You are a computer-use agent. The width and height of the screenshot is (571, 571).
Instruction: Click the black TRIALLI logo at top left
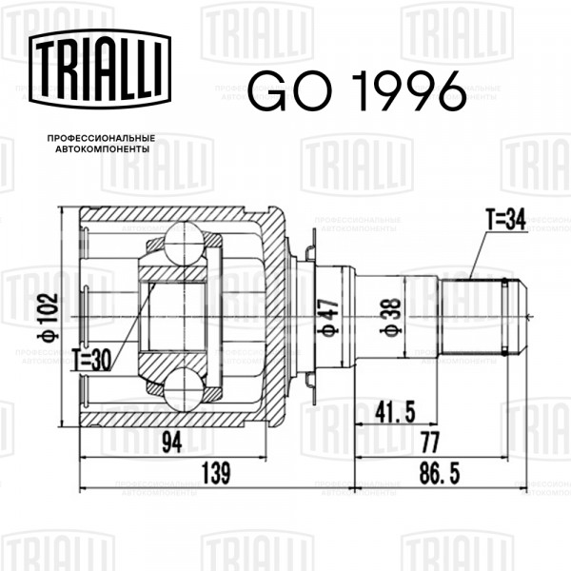click(100, 69)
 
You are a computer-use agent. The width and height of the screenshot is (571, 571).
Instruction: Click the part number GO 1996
click(357, 90)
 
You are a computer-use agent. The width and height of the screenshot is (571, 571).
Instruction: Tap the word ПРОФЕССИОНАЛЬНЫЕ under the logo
click(101, 138)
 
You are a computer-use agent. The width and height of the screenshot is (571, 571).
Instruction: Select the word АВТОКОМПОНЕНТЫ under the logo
click(103, 149)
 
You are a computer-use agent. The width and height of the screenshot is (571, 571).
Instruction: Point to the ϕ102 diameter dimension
click(48, 317)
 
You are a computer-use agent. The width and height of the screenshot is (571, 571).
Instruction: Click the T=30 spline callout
click(91, 361)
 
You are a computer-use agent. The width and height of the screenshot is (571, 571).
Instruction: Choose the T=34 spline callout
click(506, 220)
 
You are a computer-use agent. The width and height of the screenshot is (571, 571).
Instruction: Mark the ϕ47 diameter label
click(328, 317)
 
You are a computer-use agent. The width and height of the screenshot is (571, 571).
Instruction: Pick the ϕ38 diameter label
click(390, 317)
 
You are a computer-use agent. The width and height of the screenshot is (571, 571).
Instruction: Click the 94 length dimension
click(172, 443)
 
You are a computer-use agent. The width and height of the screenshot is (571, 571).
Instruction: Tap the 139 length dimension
click(216, 473)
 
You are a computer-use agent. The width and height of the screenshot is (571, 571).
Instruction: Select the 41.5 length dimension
click(395, 413)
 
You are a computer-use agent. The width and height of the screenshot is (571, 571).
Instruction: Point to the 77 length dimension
click(430, 443)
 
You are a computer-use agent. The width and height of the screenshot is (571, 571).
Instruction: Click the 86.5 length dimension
click(440, 473)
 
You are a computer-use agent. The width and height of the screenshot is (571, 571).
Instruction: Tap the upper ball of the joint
click(184, 245)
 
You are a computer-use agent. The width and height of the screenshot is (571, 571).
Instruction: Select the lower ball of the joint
click(184, 388)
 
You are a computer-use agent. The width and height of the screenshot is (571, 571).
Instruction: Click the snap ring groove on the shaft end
click(504, 316)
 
